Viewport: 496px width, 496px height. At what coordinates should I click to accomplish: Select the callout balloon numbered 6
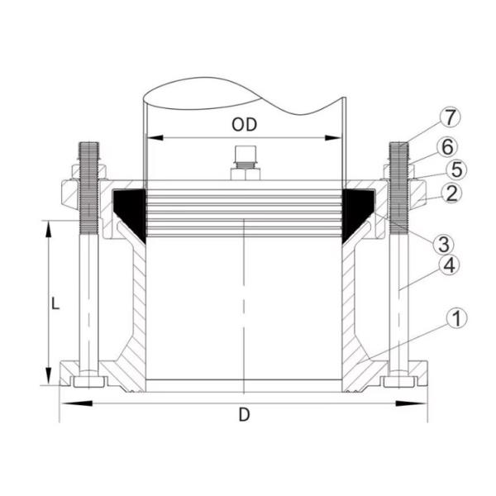click(x=446, y=145)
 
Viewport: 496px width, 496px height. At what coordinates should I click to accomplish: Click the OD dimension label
click(x=244, y=125)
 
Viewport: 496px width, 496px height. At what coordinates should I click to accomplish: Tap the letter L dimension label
click(x=55, y=303)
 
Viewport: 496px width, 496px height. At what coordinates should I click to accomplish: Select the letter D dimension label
click(x=244, y=415)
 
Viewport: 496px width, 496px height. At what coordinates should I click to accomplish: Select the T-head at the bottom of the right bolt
click(x=400, y=381)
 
